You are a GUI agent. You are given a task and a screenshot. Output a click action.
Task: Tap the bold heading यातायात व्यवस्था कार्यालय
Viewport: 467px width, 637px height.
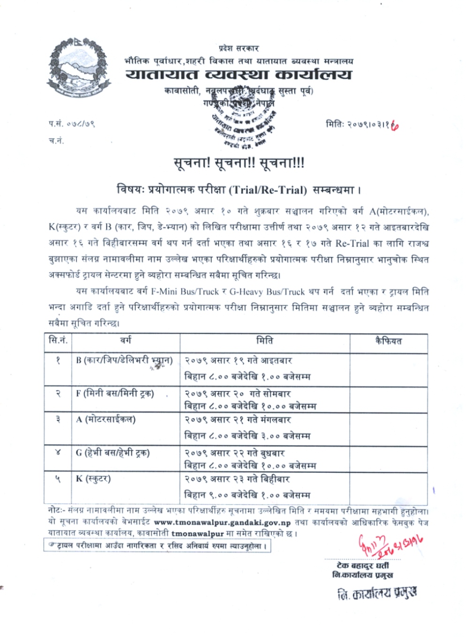point(238,75)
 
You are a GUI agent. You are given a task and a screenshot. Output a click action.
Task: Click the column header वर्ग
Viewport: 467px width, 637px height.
point(125,341)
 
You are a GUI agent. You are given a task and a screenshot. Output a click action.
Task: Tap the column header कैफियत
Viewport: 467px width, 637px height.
point(388,341)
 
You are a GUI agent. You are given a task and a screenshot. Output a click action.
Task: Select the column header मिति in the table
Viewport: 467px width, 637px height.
point(265,341)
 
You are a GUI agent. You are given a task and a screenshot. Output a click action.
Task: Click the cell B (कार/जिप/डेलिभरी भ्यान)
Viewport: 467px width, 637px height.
point(124,361)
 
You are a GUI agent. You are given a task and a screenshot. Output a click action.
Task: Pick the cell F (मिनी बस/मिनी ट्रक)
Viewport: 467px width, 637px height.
point(115,393)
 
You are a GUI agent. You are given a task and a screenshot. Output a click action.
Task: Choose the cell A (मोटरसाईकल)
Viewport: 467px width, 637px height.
point(106,419)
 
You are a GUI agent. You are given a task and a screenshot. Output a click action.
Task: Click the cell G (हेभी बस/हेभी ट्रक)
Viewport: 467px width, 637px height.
point(113,453)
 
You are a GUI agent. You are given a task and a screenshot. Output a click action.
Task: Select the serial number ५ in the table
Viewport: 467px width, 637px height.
point(58,479)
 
